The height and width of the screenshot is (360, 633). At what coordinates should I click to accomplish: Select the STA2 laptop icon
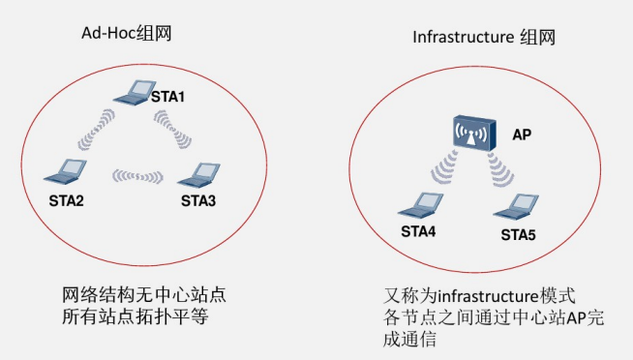[x=66, y=172]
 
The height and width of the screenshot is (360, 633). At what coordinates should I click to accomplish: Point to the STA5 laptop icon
[x=518, y=206]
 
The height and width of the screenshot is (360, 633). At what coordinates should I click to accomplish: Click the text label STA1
[x=167, y=98]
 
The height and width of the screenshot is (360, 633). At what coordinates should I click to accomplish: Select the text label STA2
[x=67, y=200]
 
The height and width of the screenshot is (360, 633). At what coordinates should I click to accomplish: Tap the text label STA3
[x=198, y=200]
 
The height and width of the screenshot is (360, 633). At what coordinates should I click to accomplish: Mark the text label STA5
[x=519, y=234]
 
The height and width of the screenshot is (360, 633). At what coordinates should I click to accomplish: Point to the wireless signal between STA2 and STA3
[x=137, y=176]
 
